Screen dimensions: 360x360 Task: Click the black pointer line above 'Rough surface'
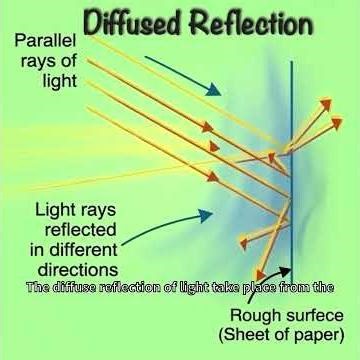click(x=291, y=283)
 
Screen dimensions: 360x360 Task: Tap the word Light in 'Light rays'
click(x=56, y=213)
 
